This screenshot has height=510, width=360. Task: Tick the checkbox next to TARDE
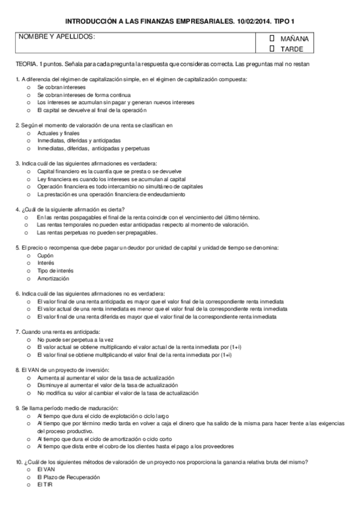click(272, 48)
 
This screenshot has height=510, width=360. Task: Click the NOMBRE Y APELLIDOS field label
click(57, 37)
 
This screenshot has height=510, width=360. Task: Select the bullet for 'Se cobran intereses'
click(28, 87)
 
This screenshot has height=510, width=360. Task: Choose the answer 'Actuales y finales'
click(28, 133)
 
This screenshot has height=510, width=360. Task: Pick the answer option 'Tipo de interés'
click(28, 271)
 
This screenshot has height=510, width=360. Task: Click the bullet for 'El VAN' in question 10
click(28, 469)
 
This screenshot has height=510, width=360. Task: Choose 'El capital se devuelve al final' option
click(28, 110)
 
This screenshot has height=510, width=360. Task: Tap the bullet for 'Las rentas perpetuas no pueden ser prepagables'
click(28, 232)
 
